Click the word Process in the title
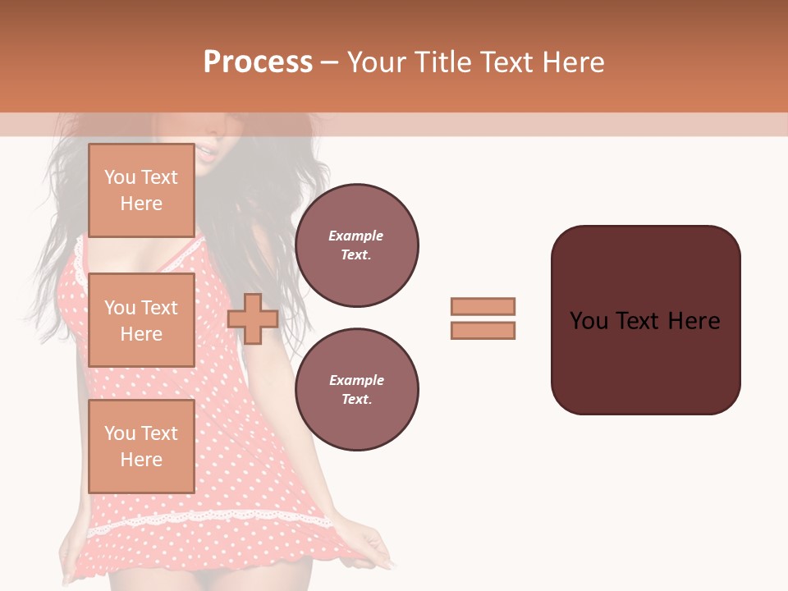(x=258, y=62)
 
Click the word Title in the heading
(x=441, y=62)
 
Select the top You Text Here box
(x=141, y=190)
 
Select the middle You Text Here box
(x=141, y=320)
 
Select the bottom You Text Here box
(x=141, y=447)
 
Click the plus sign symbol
(x=253, y=318)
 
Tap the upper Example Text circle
(x=357, y=245)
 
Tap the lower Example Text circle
(x=357, y=390)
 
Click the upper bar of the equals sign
(x=483, y=307)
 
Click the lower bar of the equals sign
(x=483, y=331)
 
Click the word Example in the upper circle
(x=356, y=236)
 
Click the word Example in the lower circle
(x=356, y=381)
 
